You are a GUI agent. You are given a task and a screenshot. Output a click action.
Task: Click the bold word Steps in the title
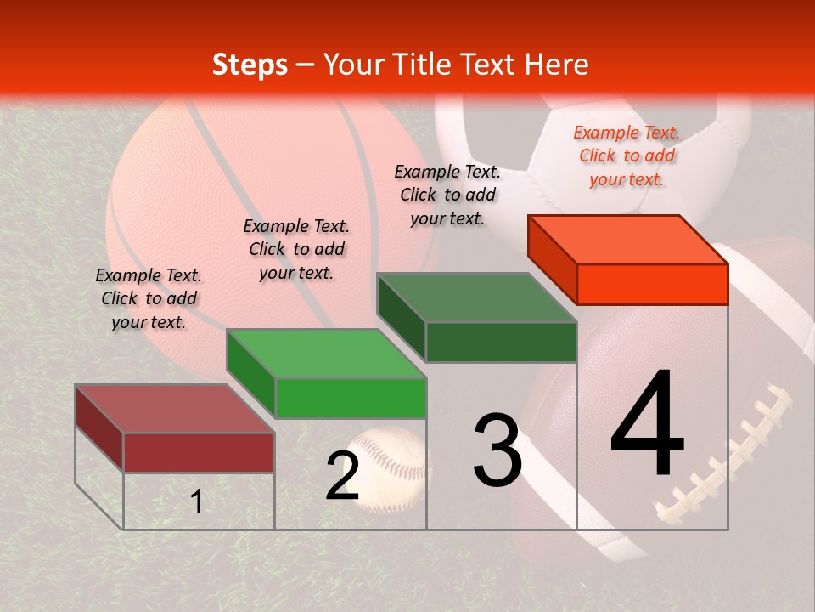tap(250, 65)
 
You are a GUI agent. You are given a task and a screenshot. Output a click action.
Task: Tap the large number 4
tap(647, 425)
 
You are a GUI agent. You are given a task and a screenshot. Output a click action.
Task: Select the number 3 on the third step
tap(497, 450)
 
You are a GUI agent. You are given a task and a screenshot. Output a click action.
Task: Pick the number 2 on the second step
tap(342, 476)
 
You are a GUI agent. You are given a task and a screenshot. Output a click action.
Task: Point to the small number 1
tap(197, 501)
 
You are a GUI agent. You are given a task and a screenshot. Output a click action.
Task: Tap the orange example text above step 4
tap(627, 156)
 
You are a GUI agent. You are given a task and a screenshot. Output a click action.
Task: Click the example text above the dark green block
tap(447, 195)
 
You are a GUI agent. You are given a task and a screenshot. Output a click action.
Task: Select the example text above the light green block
tap(296, 249)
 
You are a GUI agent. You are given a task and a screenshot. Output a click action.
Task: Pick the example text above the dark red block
tap(149, 298)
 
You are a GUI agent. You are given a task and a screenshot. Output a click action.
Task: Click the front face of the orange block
tap(652, 284)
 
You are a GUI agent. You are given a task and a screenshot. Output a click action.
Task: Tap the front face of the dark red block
tap(199, 452)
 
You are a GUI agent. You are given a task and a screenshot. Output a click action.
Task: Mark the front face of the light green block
tap(350, 398)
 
